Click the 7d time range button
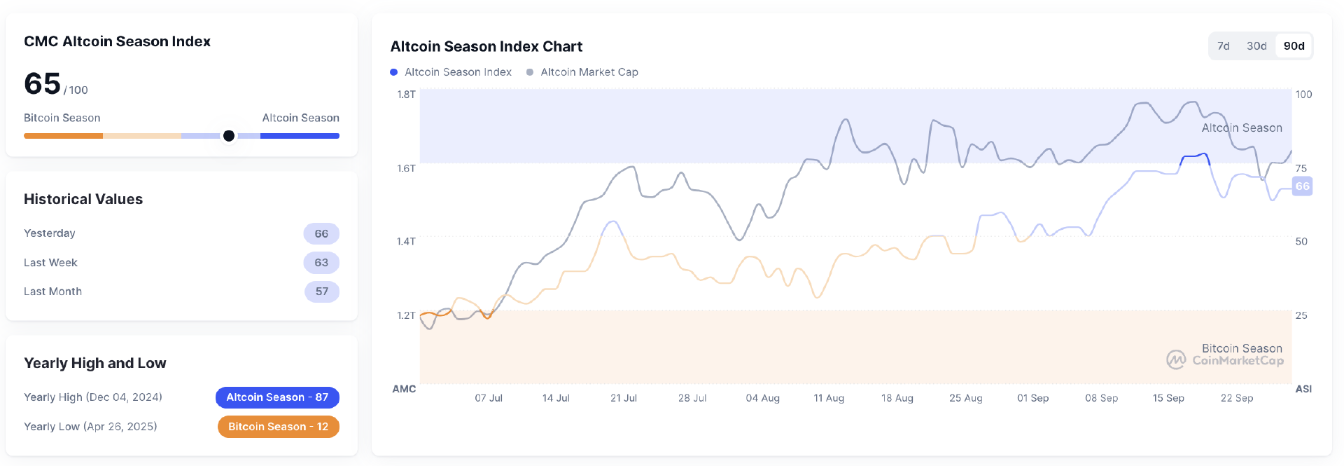point(1223,46)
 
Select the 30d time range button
point(1256,46)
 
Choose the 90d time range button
point(1294,46)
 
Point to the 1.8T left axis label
point(406,95)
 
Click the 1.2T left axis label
point(406,315)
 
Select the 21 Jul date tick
point(623,398)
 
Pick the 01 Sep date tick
point(1032,398)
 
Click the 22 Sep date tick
point(1236,398)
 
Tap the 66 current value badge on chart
point(1302,186)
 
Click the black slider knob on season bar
point(229,136)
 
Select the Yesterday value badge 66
point(321,233)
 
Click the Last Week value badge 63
point(321,263)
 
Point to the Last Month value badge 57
point(321,292)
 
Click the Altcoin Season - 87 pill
point(277,397)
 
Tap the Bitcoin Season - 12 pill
point(278,427)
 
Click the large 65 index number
point(43,84)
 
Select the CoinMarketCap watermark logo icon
point(1176,360)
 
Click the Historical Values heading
point(83,199)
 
